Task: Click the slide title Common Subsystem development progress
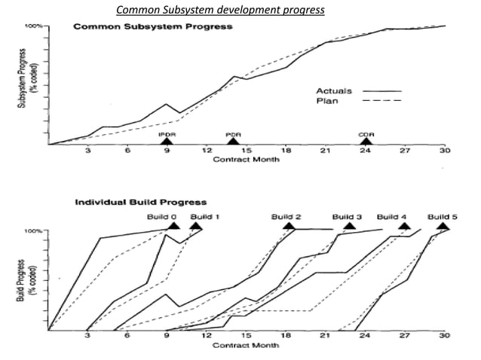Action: (220, 10)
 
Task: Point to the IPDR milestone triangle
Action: (167, 140)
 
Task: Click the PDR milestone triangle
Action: (233, 140)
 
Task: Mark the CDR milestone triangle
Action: (366, 140)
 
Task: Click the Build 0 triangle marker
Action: (174, 224)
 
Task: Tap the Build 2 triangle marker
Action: (287, 224)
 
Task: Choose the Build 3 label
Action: (348, 215)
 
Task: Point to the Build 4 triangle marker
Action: (404, 224)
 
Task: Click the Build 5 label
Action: (443, 215)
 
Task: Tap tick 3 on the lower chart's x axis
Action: (87, 336)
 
